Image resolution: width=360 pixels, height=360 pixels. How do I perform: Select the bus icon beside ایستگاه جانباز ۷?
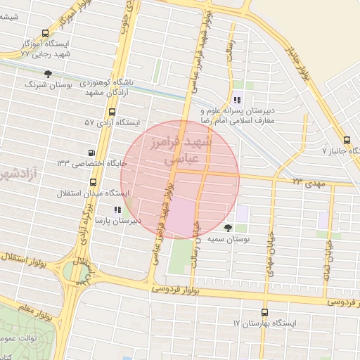pos(346,140)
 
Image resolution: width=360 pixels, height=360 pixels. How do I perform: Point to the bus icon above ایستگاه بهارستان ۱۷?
pos(264,312)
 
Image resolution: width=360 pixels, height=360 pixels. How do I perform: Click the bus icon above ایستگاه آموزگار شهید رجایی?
pos(46,32)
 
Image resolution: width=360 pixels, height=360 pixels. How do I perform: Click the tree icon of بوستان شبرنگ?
pos(48,73)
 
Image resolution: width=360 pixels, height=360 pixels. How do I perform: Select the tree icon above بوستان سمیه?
pos(228,227)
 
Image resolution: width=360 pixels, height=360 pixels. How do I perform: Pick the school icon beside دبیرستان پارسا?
pos(117,210)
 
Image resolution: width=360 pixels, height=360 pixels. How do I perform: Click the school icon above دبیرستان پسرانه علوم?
pos(238,98)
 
